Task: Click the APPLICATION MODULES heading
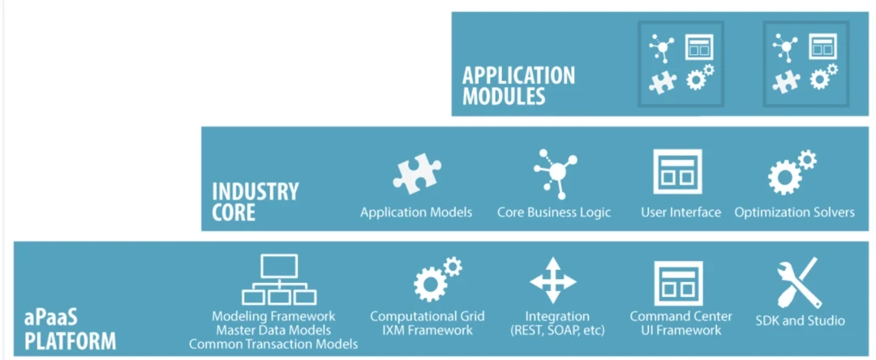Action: click(x=518, y=86)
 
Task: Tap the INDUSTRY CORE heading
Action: click(x=255, y=202)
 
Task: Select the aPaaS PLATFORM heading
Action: click(x=70, y=328)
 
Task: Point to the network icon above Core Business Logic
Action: click(x=555, y=173)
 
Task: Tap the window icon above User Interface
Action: click(x=677, y=172)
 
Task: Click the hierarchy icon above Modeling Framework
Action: click(x=278, y=280)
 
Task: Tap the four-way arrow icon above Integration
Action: click(x=553, y=281)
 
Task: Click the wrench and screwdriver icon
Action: click(x=799, y=282)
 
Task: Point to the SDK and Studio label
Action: click(x=800, y=320)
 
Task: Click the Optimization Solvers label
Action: click(x=794, y=212)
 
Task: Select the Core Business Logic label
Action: click(x=554, y=212)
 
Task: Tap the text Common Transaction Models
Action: click(x=273, y=344)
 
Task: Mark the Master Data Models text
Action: click(x=273, y=330)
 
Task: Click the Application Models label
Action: click(x=416, y=212)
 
